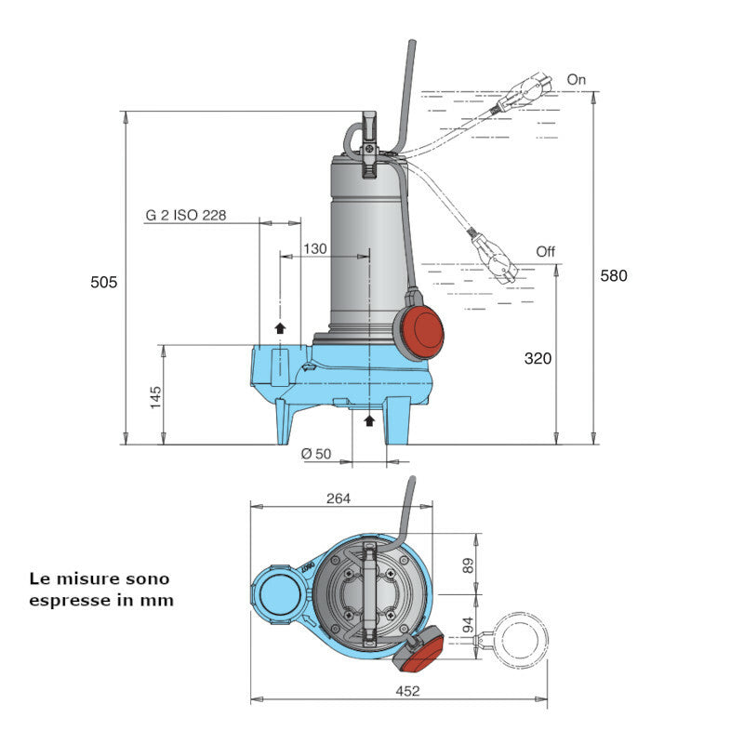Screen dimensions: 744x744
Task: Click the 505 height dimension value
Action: pyautogui.click(x=104, y=282)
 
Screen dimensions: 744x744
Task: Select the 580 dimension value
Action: pyautogui.click(x=613, y=275)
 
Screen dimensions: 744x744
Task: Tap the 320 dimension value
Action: pyautogui.click(x=538, y=357)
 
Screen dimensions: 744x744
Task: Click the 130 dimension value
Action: pyautogui.click(x=315, y=249)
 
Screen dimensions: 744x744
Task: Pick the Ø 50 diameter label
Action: pyautogui.click(x=317, y=453)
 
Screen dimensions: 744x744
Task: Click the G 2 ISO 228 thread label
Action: pyautogui.click(x=186, y=215)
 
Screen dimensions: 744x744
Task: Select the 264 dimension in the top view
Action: pyautogui.click(x=339, y=498)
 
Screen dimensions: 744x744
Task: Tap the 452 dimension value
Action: pyautogui.click(x=407, y=690)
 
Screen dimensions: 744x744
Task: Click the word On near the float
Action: pyautogui.click(x=577, y=80)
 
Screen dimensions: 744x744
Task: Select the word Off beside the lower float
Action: pyautogui.click(x=546, y=252)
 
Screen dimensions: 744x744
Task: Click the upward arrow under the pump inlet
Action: pyautogui.click(x=369, y=421)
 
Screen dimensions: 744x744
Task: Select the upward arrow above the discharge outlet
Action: pyautogui.click(x=280, y=326)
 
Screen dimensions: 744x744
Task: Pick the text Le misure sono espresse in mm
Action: pyautogui.click(x=101, y=589)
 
